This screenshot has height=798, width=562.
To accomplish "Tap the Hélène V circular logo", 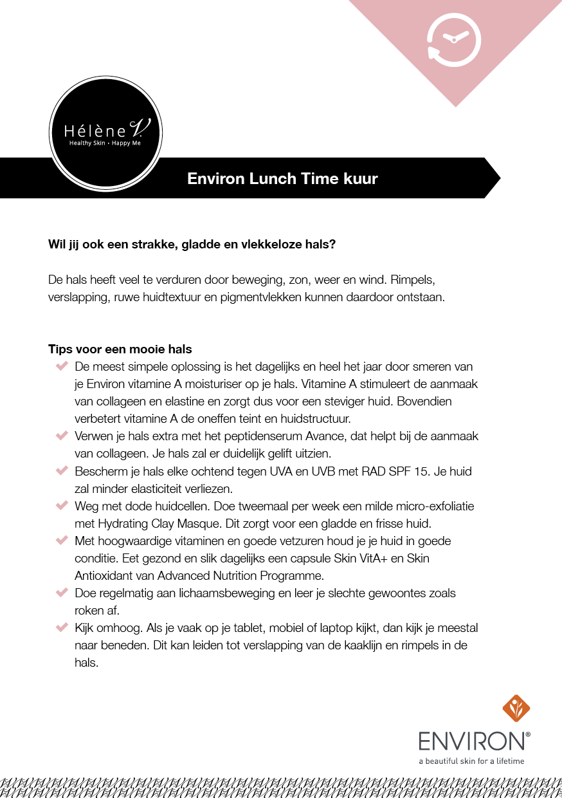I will click(105, 133).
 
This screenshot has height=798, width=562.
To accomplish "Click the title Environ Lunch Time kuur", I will click(282, 178).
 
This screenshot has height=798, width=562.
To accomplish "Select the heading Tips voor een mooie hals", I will click(120, 349).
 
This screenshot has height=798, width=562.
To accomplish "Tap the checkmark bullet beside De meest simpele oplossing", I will click(62, 367).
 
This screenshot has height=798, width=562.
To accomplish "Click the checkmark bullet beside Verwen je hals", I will click(62, 436).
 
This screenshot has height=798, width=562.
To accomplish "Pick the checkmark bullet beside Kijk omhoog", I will click(62, 627).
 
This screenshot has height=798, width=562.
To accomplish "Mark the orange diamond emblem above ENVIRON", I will click(516, 709).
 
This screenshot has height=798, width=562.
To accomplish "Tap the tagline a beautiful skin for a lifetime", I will click(471, 761).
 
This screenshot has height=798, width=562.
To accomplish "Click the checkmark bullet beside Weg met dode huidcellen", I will click(62, 506).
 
